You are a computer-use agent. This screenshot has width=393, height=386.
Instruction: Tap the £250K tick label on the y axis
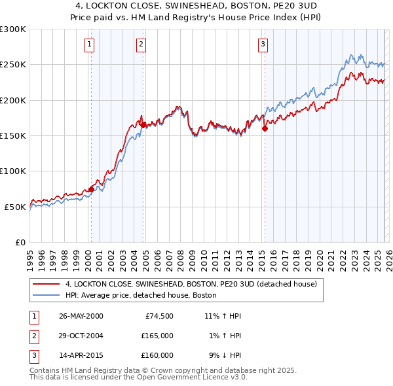coord(13,65)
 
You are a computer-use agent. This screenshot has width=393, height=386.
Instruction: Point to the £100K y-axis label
coord(13,171)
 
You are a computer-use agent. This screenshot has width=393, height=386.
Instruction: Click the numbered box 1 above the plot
coord(88,44)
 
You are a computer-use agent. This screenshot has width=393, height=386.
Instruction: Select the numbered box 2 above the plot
coord(141,44)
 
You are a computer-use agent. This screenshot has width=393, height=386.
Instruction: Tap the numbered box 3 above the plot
coord(262,44)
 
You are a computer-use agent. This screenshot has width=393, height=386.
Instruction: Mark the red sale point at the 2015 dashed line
coord(265,129)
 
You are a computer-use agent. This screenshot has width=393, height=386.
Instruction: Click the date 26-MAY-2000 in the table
coord(81,316)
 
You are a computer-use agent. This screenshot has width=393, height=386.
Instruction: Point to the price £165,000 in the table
coord(157,336)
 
